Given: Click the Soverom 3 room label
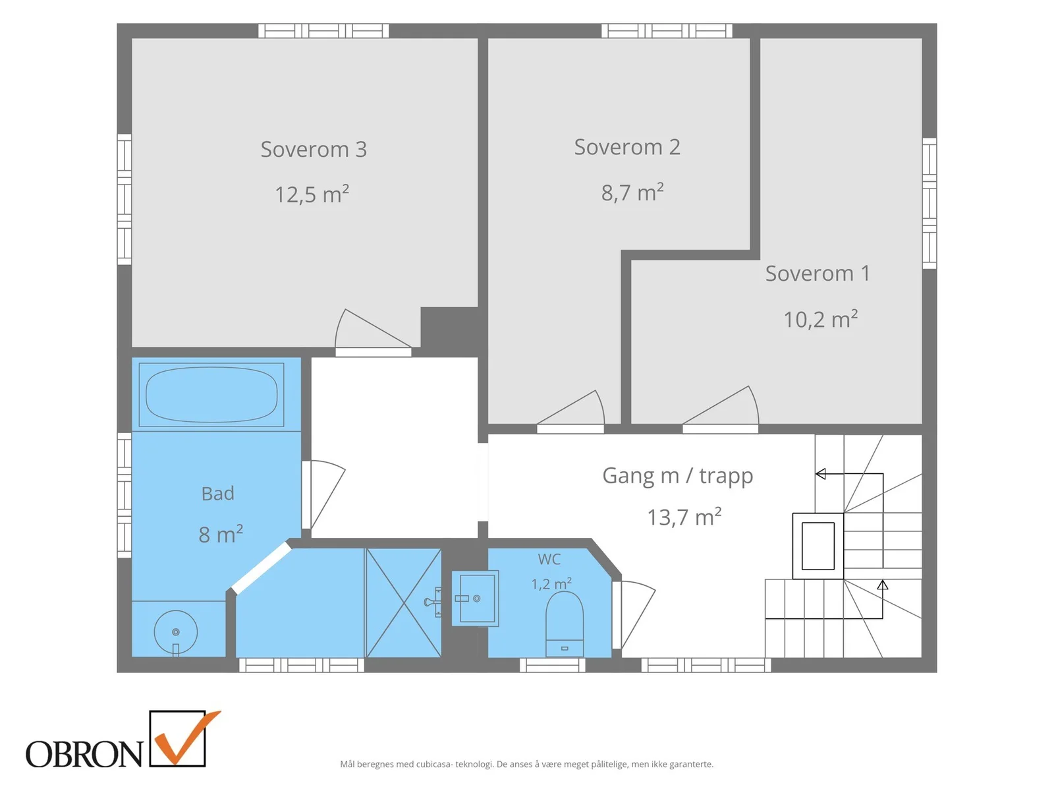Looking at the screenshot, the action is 314,150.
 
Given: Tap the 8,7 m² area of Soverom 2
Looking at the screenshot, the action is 632,192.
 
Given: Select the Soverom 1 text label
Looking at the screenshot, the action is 818,274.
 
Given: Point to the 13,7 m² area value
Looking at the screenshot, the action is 684,517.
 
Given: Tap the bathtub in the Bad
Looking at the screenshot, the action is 211,395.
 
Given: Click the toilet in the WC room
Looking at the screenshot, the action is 564,624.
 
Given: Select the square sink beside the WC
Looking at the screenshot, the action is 475,598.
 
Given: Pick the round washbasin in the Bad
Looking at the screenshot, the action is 176,632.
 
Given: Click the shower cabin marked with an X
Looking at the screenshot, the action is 403,602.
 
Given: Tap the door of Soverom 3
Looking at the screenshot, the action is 373,332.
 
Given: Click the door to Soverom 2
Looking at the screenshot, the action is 570,410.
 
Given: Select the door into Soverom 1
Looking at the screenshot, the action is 720,408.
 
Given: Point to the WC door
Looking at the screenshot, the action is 633,614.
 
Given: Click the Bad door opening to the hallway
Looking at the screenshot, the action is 323,494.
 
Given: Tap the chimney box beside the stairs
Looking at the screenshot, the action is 818,546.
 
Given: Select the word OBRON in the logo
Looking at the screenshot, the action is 84,754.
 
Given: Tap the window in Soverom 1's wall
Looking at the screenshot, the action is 929,203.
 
